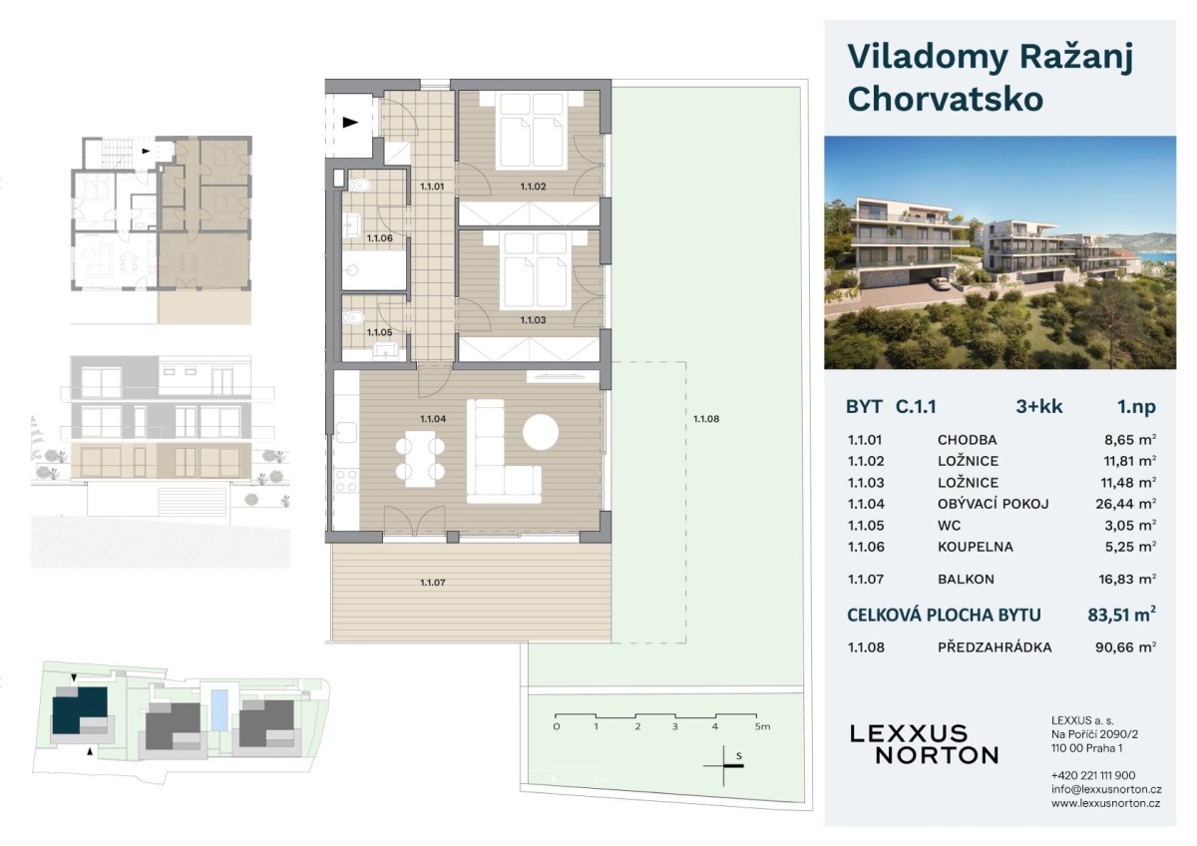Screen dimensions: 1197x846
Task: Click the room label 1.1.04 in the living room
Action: click(432, 419)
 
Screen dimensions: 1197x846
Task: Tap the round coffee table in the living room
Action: click(541, 432)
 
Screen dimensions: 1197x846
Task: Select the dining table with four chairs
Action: click(420, 459)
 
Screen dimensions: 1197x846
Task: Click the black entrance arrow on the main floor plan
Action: click(350, 123)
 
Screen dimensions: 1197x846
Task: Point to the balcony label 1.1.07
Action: click(432, 583)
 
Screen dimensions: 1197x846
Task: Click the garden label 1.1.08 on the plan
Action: click(706, 419)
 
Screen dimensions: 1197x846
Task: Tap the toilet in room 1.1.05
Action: click(353, 318)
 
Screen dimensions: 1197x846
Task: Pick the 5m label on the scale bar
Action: click(762, 726)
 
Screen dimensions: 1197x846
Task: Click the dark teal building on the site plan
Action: click(79, 709)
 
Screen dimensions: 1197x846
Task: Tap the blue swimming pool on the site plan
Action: click(219, 710)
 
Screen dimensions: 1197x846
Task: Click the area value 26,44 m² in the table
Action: click(1126, 504)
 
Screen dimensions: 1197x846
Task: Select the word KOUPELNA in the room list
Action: click(976, 547)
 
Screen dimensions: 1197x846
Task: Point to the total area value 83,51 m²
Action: click(1121, 615)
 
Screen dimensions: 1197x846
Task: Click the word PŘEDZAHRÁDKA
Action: click(995, 647)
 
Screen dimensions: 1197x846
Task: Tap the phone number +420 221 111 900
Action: click(1093, 775)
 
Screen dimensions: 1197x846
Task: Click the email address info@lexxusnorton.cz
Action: click(1106, 789)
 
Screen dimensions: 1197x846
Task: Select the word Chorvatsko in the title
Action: click(946, 100)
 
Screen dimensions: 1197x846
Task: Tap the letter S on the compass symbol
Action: click(739, 756)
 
